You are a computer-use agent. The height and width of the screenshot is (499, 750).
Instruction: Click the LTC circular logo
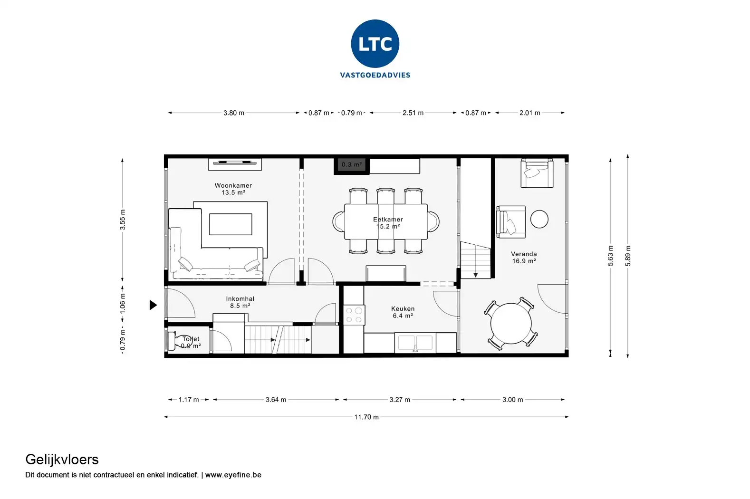click(375, 44)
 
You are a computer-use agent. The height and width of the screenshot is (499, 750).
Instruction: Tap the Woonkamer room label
click(233, 189)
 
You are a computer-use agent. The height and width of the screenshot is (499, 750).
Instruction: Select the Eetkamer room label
click(388, 223)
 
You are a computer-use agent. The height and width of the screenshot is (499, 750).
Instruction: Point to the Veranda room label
click(524, 258)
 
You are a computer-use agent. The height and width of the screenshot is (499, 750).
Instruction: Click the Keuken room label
click(403, 312)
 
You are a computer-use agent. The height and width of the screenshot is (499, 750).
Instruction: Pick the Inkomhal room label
click(240, 302)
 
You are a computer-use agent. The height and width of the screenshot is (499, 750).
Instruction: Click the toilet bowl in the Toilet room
click(180, 341)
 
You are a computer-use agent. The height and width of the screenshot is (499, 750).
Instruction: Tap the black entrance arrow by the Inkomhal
click(153, 305)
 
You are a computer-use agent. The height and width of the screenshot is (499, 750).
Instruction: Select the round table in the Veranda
click(511, 324)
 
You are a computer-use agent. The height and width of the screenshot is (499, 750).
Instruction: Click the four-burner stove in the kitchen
click(354, 315)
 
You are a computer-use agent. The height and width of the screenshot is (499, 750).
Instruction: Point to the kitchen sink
click(415, 343)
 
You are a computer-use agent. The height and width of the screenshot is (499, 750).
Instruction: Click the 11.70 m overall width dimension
click(366, 417)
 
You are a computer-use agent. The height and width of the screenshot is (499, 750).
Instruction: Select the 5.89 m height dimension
click(628, 256)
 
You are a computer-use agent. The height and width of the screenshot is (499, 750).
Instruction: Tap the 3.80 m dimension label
click(234, 113)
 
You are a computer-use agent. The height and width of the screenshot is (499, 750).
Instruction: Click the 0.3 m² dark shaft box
click(352, 165)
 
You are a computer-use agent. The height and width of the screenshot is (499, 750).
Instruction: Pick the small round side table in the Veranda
click(539, 219)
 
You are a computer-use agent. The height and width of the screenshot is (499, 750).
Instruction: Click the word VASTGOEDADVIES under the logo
click(375, 75)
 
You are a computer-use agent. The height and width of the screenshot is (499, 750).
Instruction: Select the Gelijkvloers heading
click(62, 460)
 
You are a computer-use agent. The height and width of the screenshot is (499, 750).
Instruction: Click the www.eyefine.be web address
click(233, 475)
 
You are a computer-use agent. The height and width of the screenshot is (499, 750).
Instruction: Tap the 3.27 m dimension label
click(399, 400)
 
